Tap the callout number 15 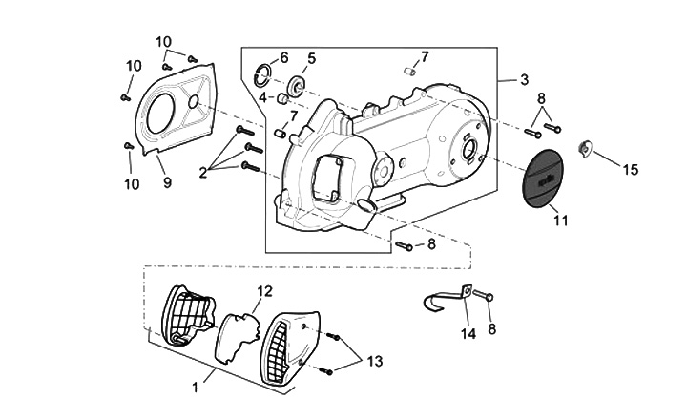point(631,170)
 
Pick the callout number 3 point(524,80)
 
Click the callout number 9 point(167,182)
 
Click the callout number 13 point(375,361)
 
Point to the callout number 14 point(468,334)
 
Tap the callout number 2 point(202,173)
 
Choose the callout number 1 point(196,388)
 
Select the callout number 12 point(264,291)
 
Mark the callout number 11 point(560,220)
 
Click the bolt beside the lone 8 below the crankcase point(404,246)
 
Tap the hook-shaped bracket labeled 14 point(447,298)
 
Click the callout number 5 point(311,58)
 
